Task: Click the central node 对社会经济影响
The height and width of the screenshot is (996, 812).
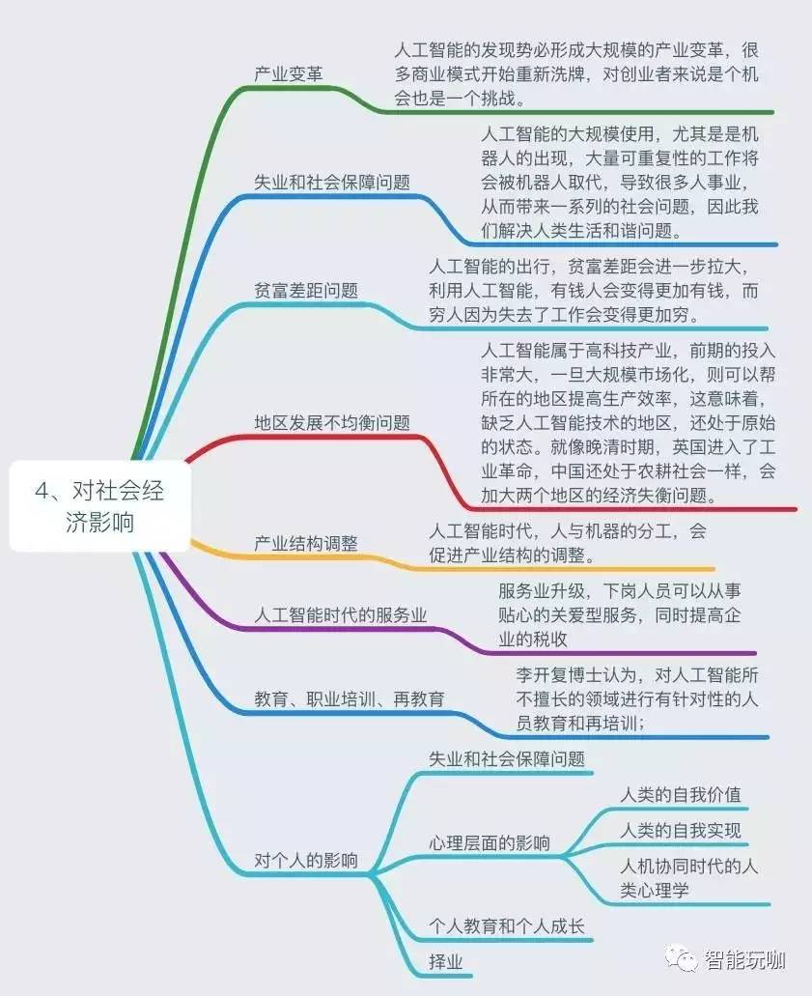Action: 99,507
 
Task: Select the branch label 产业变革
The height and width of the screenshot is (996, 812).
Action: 289,73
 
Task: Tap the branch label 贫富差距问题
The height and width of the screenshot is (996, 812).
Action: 306,290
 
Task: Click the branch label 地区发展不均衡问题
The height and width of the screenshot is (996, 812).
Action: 332,422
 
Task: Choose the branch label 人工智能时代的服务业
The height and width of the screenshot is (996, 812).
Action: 340,615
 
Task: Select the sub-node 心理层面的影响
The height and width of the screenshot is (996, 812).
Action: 490,842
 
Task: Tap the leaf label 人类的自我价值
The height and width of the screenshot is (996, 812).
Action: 681,795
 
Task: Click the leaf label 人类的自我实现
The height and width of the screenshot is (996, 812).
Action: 681,831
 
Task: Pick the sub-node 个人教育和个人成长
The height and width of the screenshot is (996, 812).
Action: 507,926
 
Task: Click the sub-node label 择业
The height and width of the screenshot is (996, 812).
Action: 445,961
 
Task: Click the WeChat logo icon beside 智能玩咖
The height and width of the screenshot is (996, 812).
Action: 686,959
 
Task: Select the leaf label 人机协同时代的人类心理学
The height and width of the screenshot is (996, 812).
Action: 688,878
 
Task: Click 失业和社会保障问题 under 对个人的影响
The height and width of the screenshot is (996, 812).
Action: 507,759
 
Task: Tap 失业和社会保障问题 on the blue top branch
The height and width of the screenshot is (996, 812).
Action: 332,182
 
